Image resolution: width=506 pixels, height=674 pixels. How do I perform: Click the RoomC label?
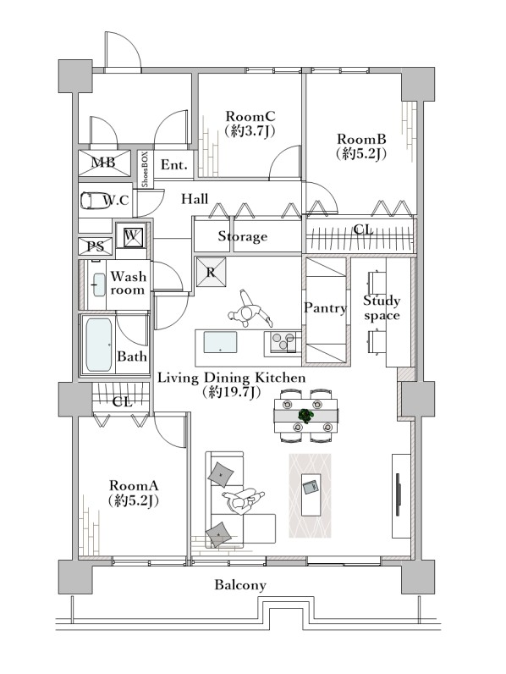250,117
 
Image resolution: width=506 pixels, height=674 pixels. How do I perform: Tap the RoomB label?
361,139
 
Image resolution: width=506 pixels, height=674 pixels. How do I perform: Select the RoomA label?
134,486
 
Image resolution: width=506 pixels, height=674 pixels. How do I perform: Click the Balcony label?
240,585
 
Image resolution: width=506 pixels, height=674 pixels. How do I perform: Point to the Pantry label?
325,307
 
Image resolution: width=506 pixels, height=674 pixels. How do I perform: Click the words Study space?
382,307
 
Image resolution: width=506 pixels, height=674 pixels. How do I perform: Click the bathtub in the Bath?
99,345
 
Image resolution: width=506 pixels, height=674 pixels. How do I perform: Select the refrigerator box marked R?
211,272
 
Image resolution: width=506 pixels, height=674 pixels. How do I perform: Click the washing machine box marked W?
132,235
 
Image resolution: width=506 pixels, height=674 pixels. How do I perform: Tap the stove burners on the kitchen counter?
280,342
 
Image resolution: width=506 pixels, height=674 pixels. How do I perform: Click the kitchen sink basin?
220,342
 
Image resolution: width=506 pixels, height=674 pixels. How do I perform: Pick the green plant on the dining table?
306,416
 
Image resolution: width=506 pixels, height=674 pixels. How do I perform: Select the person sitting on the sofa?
242,500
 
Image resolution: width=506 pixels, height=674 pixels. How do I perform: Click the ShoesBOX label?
145,169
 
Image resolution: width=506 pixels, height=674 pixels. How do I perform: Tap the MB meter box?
104,163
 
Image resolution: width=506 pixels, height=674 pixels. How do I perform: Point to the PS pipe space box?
96,246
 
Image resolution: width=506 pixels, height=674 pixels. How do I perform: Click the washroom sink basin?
100,285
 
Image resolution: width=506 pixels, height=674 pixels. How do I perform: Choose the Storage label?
242,236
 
